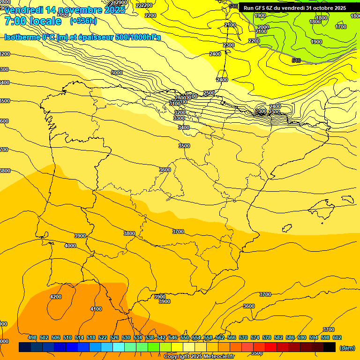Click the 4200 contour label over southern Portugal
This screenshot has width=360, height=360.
[x=55, y=297]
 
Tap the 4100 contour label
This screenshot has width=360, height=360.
[x=96, y=309]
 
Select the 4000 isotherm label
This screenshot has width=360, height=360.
[x=70, y=246]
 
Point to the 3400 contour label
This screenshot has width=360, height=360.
[x=184, y=127]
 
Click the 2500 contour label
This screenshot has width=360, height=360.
[x=209, y=93]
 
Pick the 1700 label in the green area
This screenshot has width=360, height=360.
[x=341, y=27]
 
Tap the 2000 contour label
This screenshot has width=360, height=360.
[x=263, y=27]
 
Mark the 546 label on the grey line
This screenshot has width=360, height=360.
[x=296, y=60]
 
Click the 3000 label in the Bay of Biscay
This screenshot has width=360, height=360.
[x=116, y=73]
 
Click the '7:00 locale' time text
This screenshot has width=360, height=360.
[x=33, y=22]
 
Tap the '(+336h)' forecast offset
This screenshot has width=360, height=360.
[x=83, y=21]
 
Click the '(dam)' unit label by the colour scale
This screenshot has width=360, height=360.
[x=347, y=347]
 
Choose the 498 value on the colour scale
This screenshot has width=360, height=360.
[x=32, y=337]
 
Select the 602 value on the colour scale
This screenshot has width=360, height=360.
[x=337, y=337]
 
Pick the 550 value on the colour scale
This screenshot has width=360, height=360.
[x=185, y=337]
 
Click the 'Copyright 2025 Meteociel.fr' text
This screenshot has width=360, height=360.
[x=199, y=357]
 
